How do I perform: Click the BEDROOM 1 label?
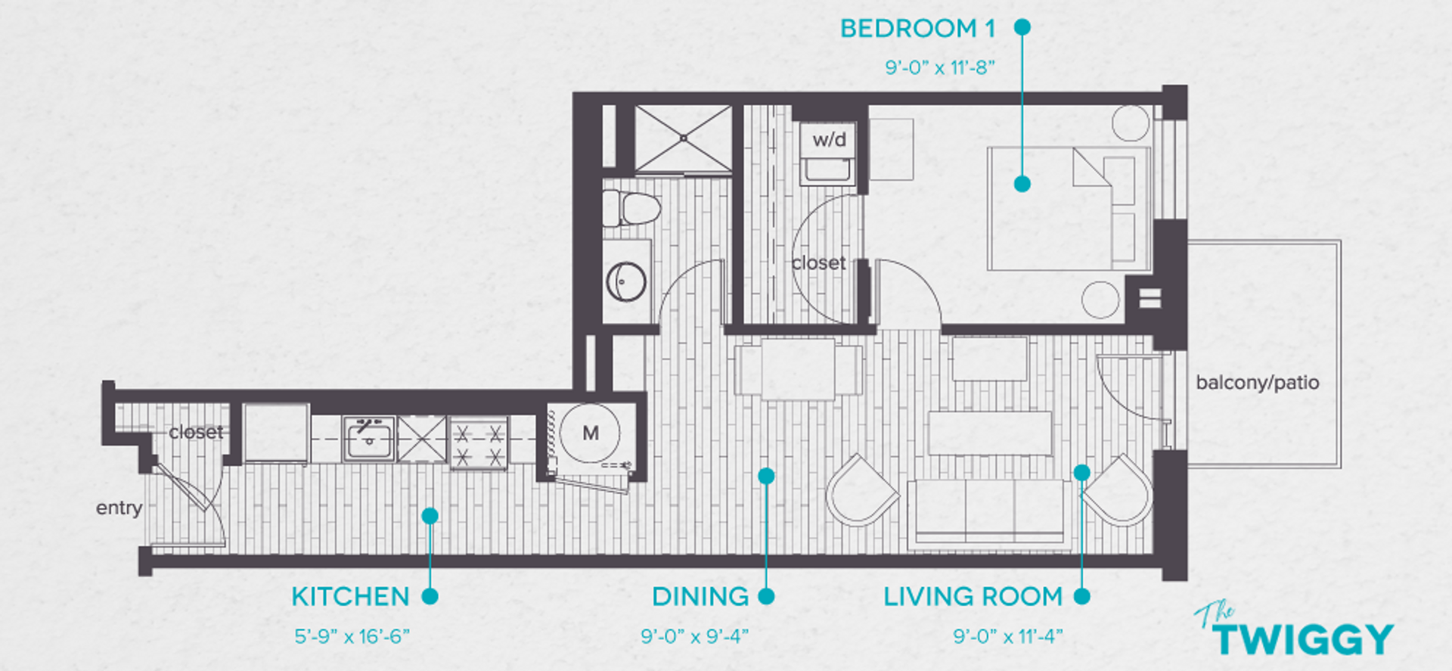(917, 29)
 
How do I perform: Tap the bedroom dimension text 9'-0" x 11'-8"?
(939, 68)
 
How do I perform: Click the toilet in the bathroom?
(632, 208)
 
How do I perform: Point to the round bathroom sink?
(626, 282)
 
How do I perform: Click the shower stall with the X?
(683, 138)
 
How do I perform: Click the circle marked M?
(591, 433)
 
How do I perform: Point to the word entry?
(119, 508)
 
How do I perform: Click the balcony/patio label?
(1257, 383)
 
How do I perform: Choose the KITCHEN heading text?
(350, 597)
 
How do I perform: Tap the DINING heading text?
(700, 597)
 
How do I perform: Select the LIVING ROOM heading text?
(973, 597)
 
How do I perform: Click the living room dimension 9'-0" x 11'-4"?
(1007, 637)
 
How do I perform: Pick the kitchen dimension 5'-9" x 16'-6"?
(352, 637)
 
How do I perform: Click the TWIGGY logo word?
(1304, 639)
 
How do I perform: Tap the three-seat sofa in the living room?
(989, 511)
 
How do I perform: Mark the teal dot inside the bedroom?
(1022, 184)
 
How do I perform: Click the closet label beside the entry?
(196, 432)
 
